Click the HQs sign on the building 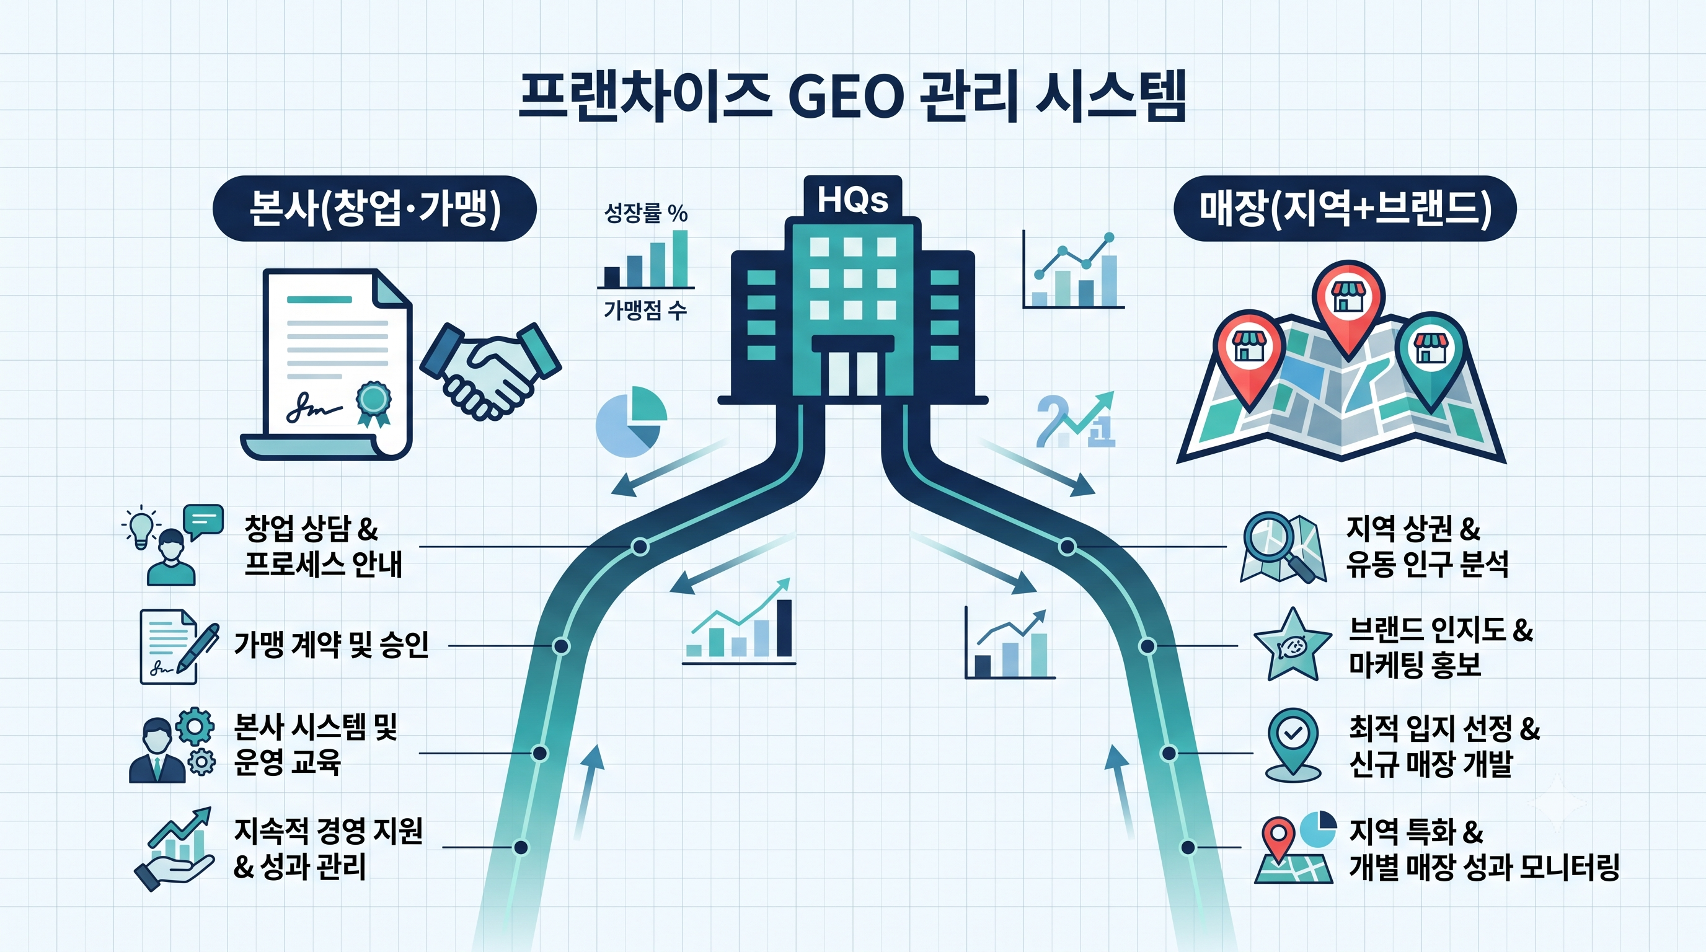coord(852,198)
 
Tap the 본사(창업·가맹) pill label coord(374,208)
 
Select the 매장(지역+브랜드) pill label coord(1345,208)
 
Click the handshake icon coord(491,370)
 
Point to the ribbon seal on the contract coord(374,402)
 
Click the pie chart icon coord(630,421)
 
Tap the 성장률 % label coord(646,213)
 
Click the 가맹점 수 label coord(645,309)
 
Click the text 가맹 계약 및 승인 coord(331,644)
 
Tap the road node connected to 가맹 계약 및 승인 coord(561,645)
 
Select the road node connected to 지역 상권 coord(1067,547)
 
